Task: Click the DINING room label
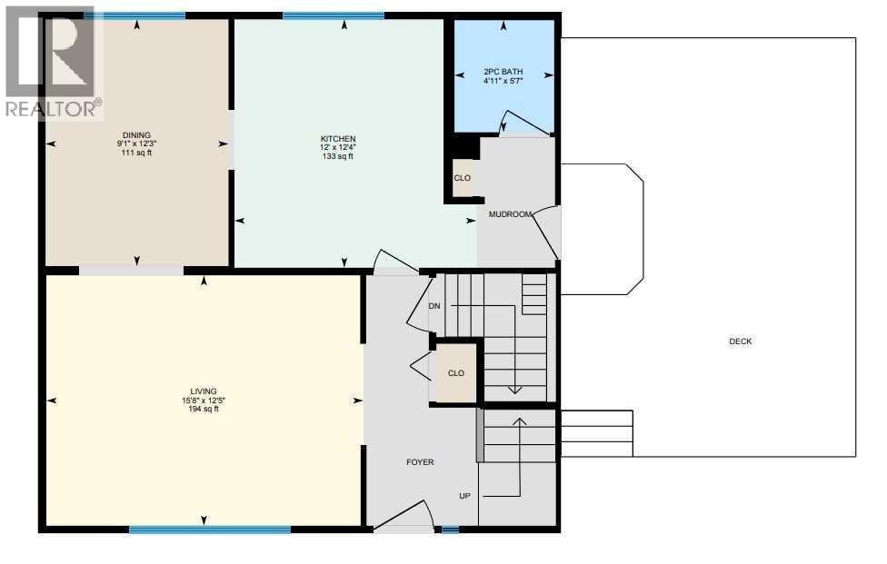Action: tap(136, 135)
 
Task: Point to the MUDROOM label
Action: tap(510, 214)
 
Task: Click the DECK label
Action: tap(741, 341)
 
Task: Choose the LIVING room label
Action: tap(204, 391)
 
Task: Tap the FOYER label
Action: tap(420, 462)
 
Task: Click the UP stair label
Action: tap(464, 496)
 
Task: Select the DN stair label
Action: tap(434, 306)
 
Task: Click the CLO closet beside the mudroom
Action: tap(463, 178)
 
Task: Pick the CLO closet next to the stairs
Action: tap(456, 373)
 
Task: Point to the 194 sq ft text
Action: tap(204, 410)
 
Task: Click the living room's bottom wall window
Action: tap(210, 529)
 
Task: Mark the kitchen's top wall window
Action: tap(333, 15)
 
